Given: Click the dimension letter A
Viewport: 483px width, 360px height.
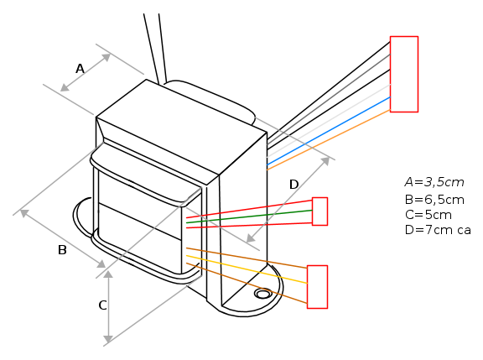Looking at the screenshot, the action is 80,69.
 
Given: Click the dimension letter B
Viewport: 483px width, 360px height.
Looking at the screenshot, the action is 62,250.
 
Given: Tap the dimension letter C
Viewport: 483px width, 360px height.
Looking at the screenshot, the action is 102,305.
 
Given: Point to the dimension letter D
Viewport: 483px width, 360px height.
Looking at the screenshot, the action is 294,185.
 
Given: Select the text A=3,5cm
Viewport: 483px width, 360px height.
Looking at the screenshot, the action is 434,182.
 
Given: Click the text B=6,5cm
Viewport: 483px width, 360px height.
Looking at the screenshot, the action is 434,200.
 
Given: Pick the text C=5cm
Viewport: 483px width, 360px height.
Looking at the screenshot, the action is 428,215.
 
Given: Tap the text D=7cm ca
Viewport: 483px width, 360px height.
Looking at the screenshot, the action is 438,230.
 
